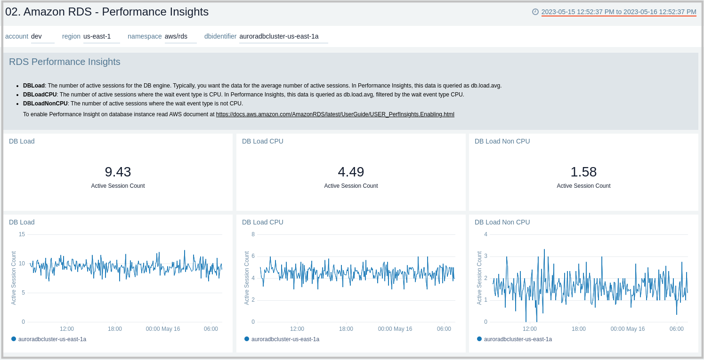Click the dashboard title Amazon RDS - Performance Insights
point(107,12)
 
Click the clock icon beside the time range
point(535,12)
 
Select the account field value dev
point(37,36)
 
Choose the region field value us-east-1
point(97,36)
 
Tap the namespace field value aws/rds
point(176,36)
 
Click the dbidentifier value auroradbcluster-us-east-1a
point(279,36)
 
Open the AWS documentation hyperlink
point(335,114)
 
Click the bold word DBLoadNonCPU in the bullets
point(45,104)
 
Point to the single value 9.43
point(118,172)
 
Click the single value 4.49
point(351,172)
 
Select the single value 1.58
point(583,172)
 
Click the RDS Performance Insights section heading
point(65,62)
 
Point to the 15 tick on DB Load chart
point(22,234)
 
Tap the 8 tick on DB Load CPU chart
point(253,234)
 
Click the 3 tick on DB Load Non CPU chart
point(486,256)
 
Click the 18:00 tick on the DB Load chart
point(115,329)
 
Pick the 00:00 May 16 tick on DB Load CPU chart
point(395,329)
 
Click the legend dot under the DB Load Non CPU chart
point(479,339)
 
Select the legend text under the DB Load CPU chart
point(285,339)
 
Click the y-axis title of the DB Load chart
point(14,278)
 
